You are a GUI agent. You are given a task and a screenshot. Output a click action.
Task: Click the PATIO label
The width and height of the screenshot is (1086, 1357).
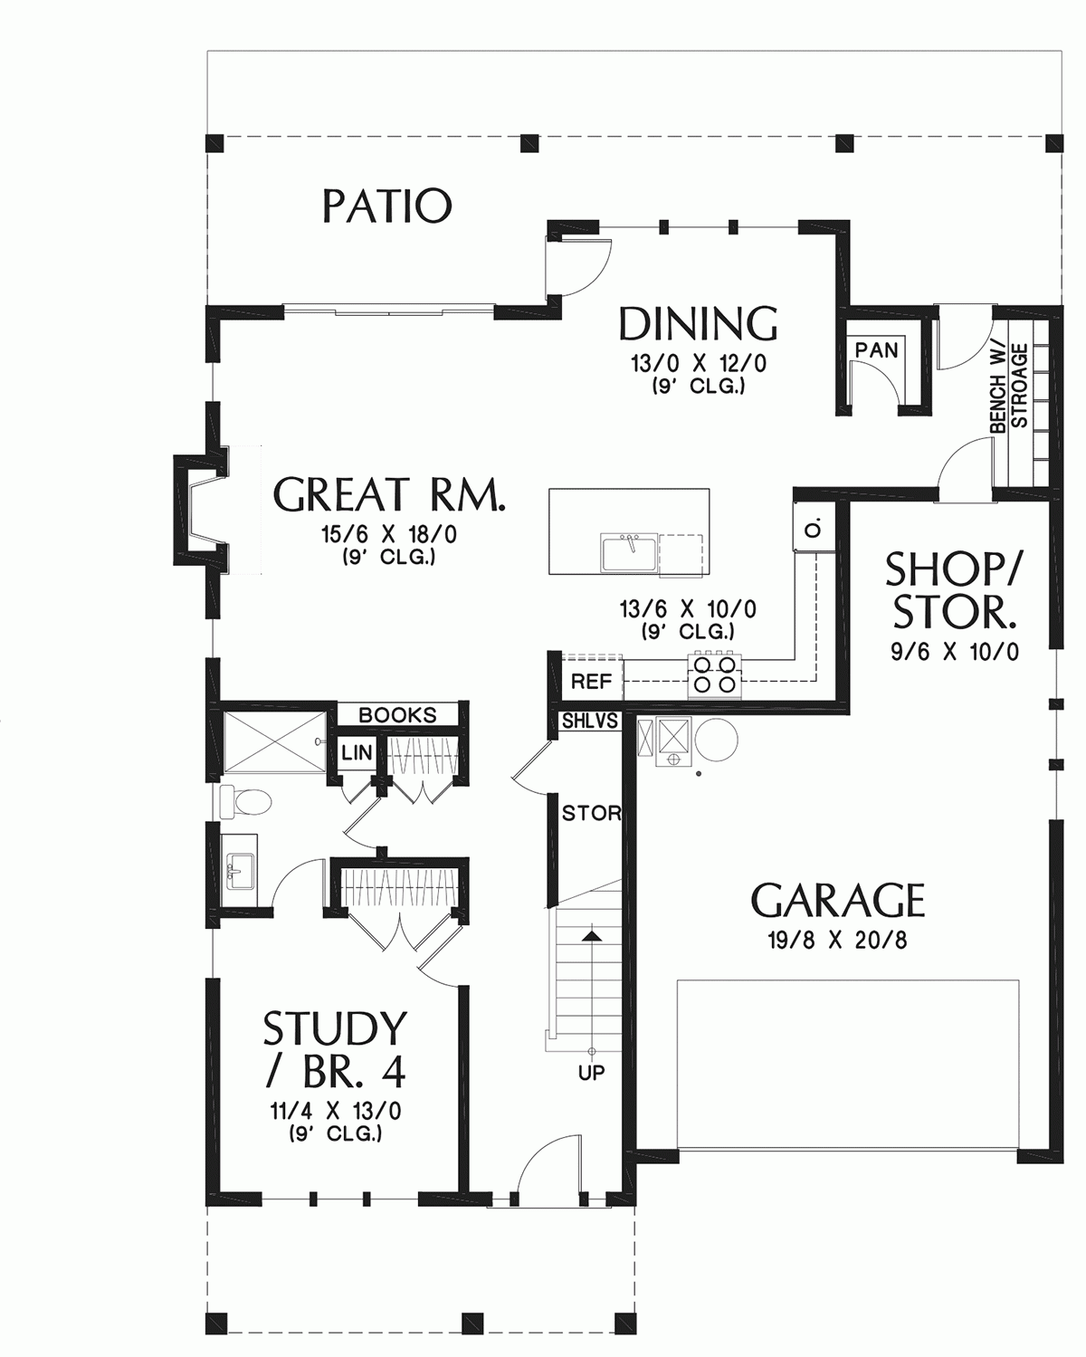(386, 206)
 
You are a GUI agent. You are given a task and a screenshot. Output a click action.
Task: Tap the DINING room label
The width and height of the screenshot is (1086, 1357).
(698, 324)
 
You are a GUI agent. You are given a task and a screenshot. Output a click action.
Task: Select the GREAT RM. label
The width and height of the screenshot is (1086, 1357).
(389, 495)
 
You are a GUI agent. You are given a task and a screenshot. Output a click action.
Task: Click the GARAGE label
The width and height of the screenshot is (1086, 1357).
(838, 901)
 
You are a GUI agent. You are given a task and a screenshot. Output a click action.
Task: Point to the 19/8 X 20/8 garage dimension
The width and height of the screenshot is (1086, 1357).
(838, 941)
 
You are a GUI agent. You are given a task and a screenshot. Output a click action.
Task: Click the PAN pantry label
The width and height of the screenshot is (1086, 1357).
(876, 349)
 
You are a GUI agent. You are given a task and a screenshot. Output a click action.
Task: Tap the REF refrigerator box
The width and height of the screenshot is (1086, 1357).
(591, 682)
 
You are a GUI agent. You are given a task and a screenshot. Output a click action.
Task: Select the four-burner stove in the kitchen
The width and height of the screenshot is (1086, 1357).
(714, 674)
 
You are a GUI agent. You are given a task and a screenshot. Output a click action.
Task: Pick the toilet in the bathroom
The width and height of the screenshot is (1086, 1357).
(246, 801)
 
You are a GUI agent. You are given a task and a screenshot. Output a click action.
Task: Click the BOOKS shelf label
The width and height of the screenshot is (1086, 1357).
(397, 715)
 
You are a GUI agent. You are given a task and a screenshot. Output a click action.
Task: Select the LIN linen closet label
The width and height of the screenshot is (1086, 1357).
(356, 752)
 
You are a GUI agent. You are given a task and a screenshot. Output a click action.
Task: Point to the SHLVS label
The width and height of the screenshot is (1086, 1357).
(590, 722)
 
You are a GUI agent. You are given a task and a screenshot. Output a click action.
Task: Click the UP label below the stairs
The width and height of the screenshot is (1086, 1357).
(592, 1074)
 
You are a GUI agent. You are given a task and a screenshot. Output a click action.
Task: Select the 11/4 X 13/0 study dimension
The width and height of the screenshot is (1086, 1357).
(336, 1111)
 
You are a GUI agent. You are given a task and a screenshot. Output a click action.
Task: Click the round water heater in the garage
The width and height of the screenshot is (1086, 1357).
(716, 741)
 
